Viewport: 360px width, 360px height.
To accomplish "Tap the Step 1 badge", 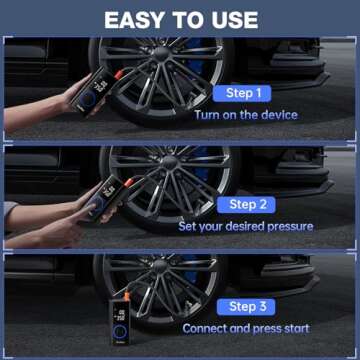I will (242, 93).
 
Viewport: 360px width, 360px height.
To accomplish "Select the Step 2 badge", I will (242, 204).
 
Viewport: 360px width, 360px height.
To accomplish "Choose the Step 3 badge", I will (242, 306).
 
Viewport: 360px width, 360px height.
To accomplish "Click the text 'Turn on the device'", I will (246, 115).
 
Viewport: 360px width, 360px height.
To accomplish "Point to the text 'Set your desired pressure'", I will (246, 226).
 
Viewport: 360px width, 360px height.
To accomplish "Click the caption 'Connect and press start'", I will (246, 328).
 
